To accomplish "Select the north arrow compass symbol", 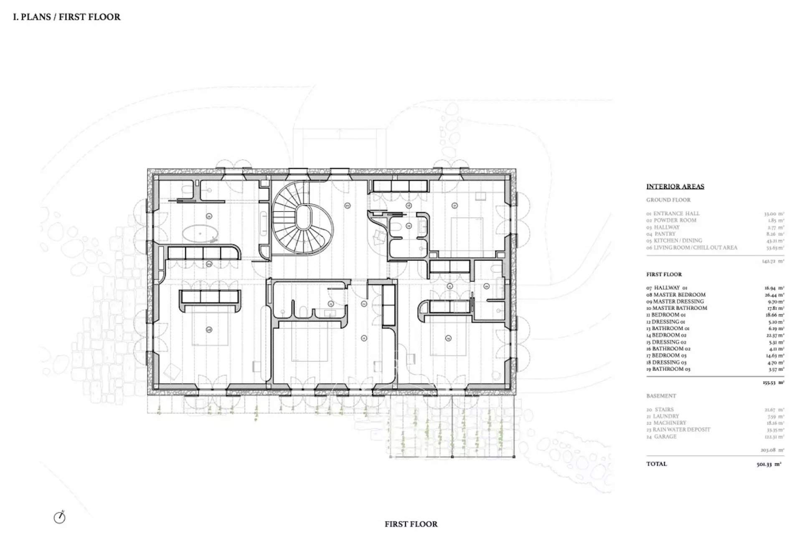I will pyautogui.click(x=60, y=518).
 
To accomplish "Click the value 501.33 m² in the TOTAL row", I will pyautogui.click(x=769, y=464).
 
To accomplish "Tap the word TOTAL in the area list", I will pyautogui.click(x=657, y=464).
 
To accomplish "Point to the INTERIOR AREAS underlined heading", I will pyautogui.click(x=675, y=187).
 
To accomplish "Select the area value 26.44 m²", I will pyautogui.click(x=774, y=294).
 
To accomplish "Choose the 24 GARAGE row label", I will pyautogui.click(x=662, y=436).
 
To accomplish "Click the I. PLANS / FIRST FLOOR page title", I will pyautogui.click(x=67, y=17).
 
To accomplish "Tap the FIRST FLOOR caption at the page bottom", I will pyautogui.click(x=411, y=524).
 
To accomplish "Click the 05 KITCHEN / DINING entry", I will pyautogui.click(x=674, y=241).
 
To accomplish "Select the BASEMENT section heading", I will pyautogui.click(x=661, y=396).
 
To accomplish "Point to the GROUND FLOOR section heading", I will pyautogui.click(x=668, y=200).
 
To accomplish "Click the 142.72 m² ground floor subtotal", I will pyautogui.click(x=774, y=261).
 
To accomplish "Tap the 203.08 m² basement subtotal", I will pyautogui.click(x=772, y=450).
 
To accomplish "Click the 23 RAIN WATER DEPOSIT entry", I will pyautogui.click(x=678, y=430).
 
